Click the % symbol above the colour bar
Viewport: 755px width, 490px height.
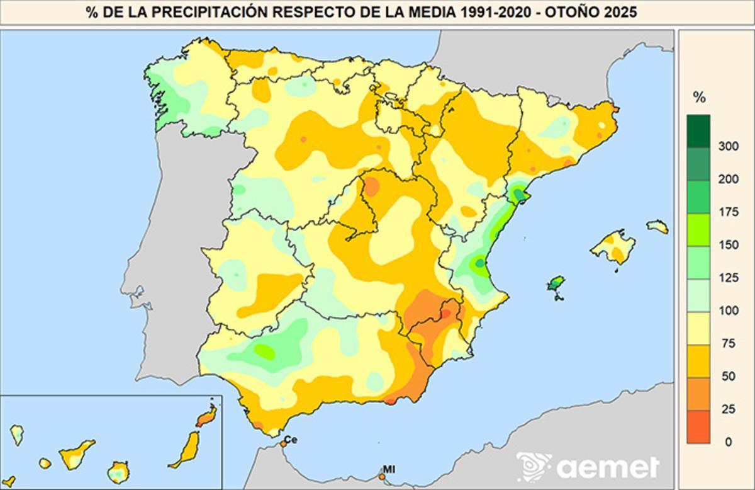(698, 98)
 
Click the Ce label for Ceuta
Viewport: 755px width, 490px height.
(291, 439)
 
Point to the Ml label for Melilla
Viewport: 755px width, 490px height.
(389, 469)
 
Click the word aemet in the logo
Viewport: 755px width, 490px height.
(607, 467)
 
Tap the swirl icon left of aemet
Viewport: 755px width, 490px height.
(534, 467)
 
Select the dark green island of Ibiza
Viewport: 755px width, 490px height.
(555, 284)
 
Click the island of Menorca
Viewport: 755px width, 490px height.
(657, 226)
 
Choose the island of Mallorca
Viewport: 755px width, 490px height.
(613, 246)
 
